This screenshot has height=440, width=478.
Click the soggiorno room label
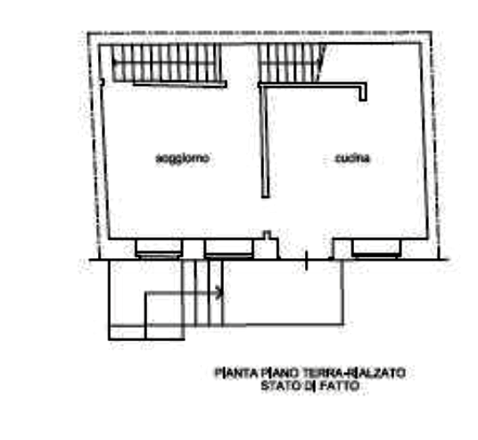(183, 159)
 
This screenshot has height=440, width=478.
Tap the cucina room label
(353, 159)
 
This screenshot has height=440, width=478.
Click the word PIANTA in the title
(236, 373)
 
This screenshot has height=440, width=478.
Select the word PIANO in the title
(279, 373)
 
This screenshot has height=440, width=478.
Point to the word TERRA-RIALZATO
(354, 373)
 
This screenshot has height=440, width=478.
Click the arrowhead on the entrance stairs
(220, 293)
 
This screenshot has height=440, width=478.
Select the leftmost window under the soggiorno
(159, 249)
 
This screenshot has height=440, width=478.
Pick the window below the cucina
(375, 249)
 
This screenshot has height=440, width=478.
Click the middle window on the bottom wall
(229, 249)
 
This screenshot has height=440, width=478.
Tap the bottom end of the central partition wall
(266, 197)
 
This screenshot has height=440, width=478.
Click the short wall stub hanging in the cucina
(363, 94)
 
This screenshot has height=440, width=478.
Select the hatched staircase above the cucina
(291, 63)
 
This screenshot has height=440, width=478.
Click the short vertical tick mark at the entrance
(307, 260)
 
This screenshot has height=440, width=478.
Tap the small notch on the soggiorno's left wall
(102, 82)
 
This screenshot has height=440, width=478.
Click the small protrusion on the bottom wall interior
(267, 235)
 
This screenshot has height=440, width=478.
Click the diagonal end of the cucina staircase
(321, 63)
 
